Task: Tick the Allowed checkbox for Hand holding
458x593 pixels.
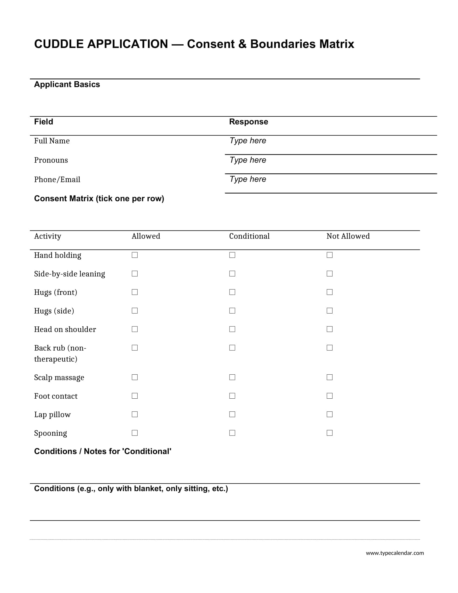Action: tap(135, 255)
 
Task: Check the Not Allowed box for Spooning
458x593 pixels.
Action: tap(329, 433)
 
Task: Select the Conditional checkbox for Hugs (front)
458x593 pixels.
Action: tap(232, 292)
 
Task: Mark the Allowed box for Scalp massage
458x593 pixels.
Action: tap(135, 377)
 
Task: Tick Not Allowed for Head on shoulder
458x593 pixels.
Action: tap(329, 329)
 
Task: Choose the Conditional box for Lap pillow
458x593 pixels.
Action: tap(232, 414)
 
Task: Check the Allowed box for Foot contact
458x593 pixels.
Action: tap(135, 396)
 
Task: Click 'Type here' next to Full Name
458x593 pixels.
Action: tap(248, 141)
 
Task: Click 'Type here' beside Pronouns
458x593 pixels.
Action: tap(248, 160)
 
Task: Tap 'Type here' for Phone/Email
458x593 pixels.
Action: tap(248, 179)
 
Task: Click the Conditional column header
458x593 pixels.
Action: tap(249, 236)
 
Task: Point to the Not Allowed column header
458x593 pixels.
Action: tap(348, 236)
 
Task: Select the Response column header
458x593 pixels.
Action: tap(248, 122)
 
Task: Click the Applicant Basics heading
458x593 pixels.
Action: tap(67, 84)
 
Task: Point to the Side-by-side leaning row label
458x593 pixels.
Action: tap(70, 274)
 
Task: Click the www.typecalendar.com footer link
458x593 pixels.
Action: tap(394, 553)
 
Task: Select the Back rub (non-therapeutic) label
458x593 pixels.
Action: tap(60, 353)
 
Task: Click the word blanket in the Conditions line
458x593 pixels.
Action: tap(148, 488)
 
